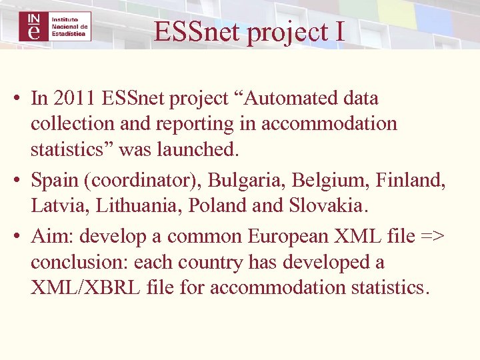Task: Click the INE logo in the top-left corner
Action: (x=55, y=26)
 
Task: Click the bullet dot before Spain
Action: (x=17, y=181)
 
